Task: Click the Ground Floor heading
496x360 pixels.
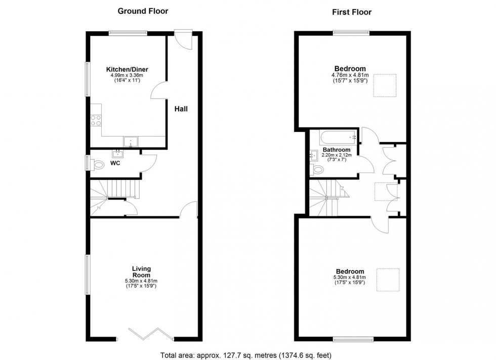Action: [x=143, y=11]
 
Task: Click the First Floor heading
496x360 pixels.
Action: [x=352, y=12]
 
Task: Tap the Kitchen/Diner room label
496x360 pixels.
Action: [x=127, y=69]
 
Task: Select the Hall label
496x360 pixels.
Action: [x=182, y=109]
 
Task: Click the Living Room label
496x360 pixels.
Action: [x=141, y=272]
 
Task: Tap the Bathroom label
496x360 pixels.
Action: [x=337, y=150]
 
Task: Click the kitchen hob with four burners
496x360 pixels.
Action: [x=96, y=120]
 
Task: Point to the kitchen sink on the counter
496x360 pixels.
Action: [x=130, y=142]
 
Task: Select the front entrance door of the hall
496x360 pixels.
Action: [x=182, y=39]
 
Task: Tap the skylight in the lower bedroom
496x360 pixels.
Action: [x=388, y=279]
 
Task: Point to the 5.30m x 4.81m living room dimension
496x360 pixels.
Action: [x=141, y=281]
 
